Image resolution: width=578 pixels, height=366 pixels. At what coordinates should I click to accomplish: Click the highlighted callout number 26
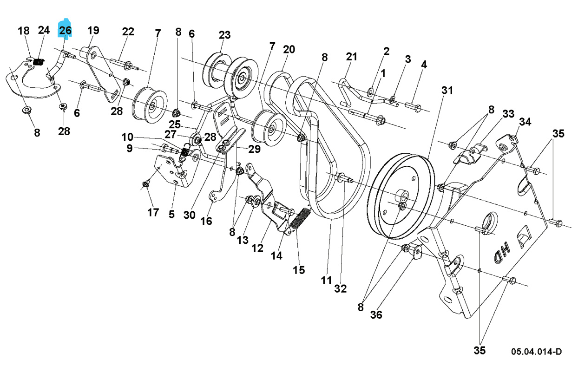[x=65, y=31]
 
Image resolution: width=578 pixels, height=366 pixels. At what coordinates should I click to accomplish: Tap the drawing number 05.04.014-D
[x=536, y=352]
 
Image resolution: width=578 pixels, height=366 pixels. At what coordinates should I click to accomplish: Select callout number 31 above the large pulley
[x=447, y=91]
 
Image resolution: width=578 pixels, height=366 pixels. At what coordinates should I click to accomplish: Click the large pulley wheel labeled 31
[x=401, y=197]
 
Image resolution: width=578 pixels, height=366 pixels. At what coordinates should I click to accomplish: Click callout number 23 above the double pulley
[x=224, y=35]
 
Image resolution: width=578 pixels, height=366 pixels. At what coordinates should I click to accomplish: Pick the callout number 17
[x=153, y=213]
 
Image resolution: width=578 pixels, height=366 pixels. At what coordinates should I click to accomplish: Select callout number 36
[x=376, y=315]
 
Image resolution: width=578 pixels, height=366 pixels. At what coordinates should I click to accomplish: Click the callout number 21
[x=352, y=57]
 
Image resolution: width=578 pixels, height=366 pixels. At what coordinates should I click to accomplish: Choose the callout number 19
[x=93, y=31]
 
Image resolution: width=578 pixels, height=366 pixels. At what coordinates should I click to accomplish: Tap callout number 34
[x=525, y=122]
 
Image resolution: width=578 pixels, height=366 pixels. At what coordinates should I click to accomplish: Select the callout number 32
[x=341, y=288]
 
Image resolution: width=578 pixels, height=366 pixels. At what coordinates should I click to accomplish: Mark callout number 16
[x=206, y=221]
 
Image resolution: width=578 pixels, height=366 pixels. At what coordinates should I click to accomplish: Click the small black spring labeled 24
[x=40, y=61]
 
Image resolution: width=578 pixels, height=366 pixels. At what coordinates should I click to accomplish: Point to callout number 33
[x=508, y=114]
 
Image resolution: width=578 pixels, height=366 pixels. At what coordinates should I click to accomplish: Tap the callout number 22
[x=128, y=32]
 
